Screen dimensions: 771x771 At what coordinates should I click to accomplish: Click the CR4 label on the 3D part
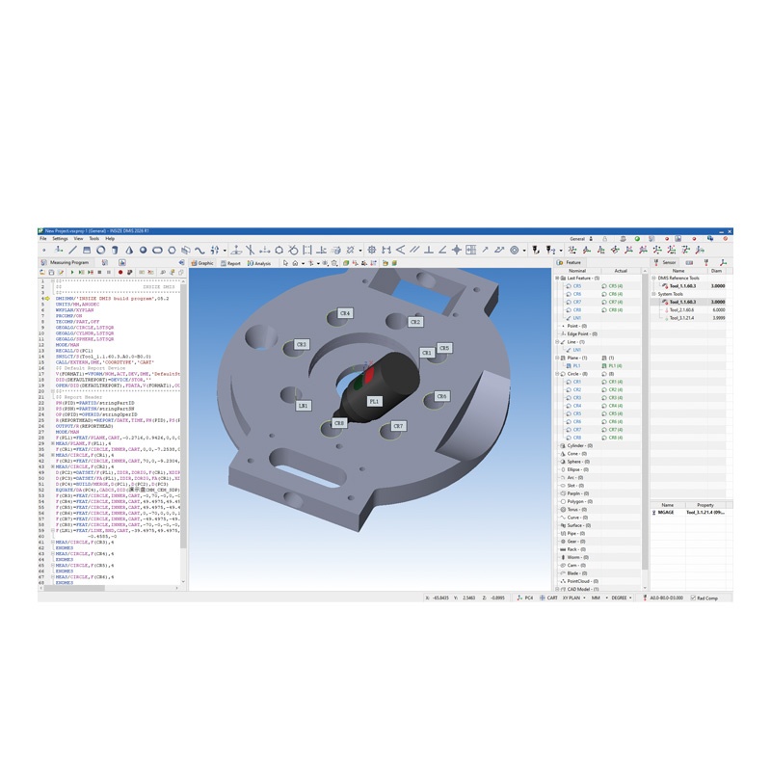click(345, 313)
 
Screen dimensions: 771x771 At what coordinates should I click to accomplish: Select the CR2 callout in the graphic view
click(415, 322)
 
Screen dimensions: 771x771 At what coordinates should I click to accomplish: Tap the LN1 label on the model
click(303, 406)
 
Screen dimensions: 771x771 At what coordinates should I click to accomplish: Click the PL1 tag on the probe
click(374, 401)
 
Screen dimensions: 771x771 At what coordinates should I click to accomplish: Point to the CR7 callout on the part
click(398, 425)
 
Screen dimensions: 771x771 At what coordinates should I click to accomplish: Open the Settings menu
click(60, 239)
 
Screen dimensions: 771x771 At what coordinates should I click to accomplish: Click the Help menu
click(110, 239)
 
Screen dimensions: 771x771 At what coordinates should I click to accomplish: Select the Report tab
click(231, 263)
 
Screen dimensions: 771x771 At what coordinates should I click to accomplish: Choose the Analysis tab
click(260, 263)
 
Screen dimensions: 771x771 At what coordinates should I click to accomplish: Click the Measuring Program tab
click(66, 262)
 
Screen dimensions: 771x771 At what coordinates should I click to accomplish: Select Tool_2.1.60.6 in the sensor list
click(683, 309)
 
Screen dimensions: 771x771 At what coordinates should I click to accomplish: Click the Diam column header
click(718, 271)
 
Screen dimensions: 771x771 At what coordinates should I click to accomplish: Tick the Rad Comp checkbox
click(693, 598)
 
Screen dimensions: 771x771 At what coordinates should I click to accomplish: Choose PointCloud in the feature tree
click(580, 581)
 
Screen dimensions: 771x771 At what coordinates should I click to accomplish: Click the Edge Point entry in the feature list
click(579, 333)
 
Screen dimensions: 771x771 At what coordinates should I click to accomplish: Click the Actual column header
click(621, 271)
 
